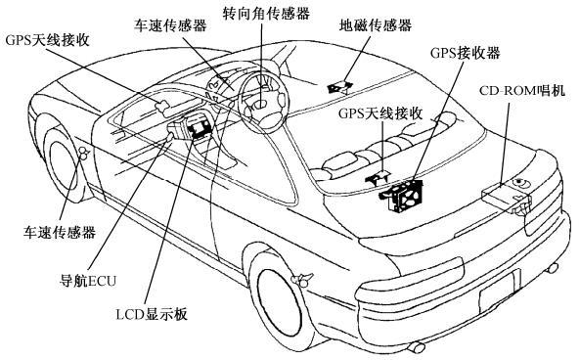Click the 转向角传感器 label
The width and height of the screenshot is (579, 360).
pos(266,13)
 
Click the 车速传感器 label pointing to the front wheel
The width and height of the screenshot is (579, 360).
pos(60,232)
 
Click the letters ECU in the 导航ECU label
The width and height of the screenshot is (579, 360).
pos(103,281)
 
